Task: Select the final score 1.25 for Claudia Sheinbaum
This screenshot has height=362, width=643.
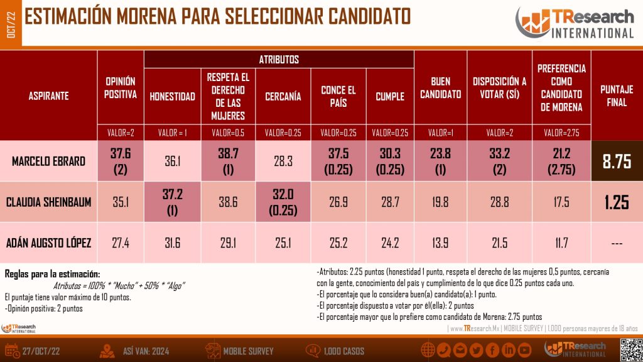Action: click(617, 202)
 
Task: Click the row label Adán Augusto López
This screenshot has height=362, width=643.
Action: click(49, 243)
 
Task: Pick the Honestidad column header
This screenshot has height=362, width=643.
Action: click(172, 97)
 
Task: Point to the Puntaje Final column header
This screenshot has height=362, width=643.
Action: click(617, 96)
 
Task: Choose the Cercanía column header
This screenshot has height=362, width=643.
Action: click(283, 97)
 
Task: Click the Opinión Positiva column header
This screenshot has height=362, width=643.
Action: click(121, 89)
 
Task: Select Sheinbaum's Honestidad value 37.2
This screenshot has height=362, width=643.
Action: click(172, 202)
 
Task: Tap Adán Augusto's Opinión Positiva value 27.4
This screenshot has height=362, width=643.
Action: click(121, 243)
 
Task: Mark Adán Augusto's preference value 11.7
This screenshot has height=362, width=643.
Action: click(561, 243)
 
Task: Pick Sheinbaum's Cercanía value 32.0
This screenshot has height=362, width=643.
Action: click(283, 202)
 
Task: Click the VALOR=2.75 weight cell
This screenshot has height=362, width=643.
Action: click(561, 133)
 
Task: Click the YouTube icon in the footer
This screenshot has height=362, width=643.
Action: click(525, 349)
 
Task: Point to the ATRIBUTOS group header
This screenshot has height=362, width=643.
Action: click(279, 60)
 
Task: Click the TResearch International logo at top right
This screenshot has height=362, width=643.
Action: click(575, 24)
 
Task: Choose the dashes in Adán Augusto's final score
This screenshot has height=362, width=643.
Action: click(617, 243)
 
